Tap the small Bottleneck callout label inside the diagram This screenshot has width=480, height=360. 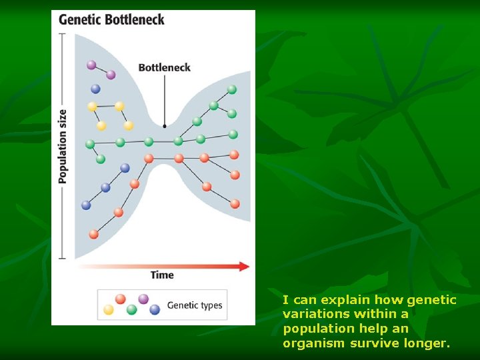point(164,67)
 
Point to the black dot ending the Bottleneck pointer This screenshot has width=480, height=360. point(165,125)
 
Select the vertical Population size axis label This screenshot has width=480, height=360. point(63,146)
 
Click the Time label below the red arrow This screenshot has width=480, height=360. point(162,275)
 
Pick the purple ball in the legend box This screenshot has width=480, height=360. point(143,299)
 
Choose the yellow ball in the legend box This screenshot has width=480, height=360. point(109,309)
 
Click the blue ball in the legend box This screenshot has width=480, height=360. point(155,309)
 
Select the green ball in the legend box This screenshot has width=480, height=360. point(132,309)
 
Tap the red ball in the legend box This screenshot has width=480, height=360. point(121,299)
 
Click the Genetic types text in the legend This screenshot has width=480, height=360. point(194,305)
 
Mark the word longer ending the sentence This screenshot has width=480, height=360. point(423,343)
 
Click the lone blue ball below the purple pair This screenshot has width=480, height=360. point(95,88)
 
